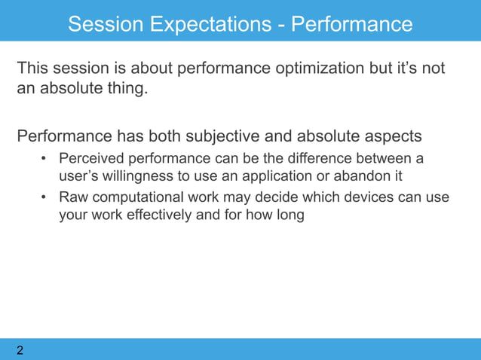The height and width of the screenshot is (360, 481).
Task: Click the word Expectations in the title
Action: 211,24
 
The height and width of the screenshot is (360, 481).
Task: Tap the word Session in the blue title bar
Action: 106,24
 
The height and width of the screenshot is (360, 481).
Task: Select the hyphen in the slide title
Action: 281,26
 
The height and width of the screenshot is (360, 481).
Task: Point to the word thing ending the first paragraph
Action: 127,89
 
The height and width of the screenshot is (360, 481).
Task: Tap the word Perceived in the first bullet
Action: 91,159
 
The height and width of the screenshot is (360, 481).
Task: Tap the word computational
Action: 138,197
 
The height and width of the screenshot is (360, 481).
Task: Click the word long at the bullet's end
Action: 290,215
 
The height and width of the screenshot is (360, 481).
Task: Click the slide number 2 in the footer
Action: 20,350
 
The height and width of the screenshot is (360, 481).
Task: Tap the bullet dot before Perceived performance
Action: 44,159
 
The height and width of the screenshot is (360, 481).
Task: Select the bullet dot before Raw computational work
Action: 44,197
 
